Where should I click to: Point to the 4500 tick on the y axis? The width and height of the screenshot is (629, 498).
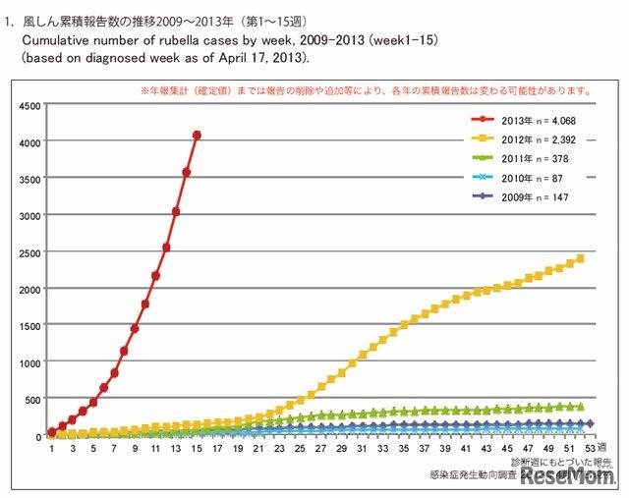click(29, 105)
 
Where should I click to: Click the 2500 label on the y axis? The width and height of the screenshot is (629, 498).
click(29, 252)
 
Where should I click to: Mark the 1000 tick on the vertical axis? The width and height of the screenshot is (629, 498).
click(29, 362)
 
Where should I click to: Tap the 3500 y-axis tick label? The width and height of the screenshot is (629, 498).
click(29, 179)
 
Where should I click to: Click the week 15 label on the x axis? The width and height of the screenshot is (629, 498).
click(197, 448)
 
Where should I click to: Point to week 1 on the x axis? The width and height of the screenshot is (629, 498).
click(52, 448)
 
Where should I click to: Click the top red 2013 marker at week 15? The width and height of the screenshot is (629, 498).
click(197, 135)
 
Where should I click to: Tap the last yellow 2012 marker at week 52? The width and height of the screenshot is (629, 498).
click(580, 258)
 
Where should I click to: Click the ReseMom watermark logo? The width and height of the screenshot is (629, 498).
click(568, 476)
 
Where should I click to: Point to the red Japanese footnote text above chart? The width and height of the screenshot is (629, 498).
click(363, 91)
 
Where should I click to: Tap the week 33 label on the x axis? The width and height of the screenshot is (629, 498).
click(382, 448)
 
